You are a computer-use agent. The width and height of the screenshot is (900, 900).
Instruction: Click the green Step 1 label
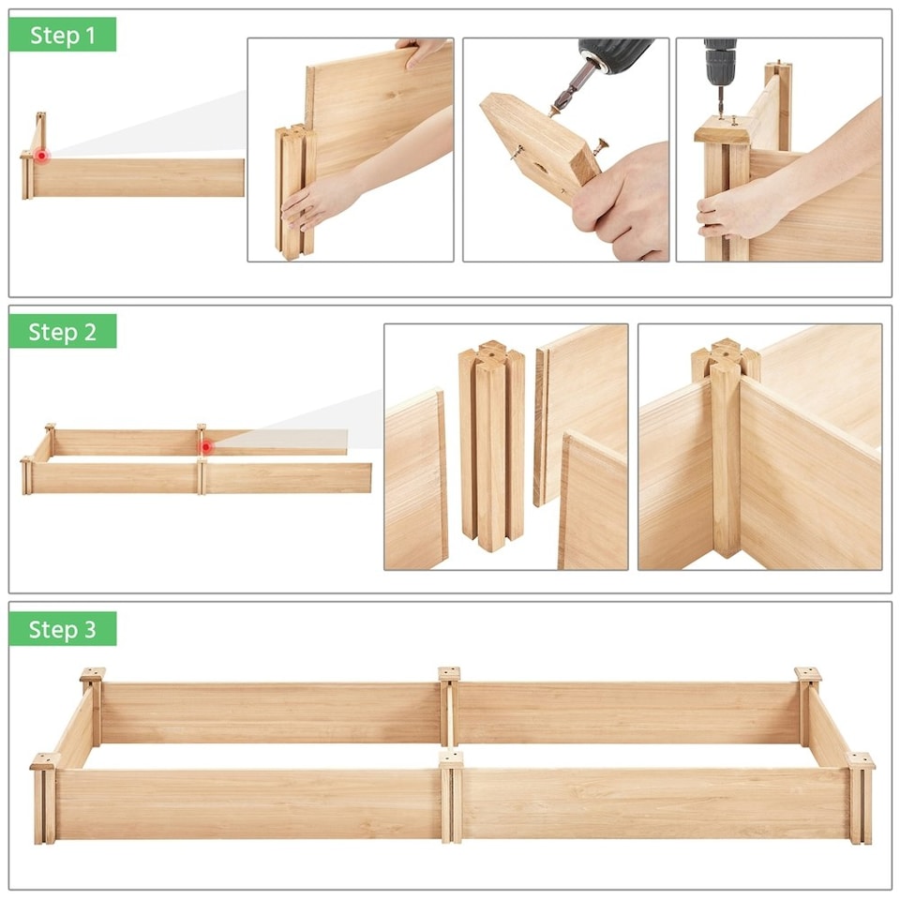coord(62,35)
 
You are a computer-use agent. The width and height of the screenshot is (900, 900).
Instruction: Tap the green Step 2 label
coord(62,332)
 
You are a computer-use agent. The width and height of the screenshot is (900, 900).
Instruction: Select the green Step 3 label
coord(62,629)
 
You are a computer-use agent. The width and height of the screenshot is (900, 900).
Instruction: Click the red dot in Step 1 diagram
coord(41,155)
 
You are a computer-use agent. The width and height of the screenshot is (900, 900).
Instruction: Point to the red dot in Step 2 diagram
coord(205,447)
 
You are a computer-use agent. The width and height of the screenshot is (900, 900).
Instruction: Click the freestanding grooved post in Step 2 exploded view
coord(490,445)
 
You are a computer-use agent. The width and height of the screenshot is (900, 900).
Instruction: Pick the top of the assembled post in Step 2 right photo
coord(724,356)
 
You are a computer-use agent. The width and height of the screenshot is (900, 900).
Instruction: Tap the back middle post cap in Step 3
coord(450,674)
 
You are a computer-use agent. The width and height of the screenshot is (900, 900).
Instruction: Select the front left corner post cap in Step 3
coord(44,761)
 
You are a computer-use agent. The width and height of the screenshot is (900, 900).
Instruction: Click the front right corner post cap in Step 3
coord(860,760)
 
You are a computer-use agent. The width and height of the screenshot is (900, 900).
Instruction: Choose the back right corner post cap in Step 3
coord(807,674)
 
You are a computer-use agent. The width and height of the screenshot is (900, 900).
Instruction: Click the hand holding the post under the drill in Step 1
coord(736,211)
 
